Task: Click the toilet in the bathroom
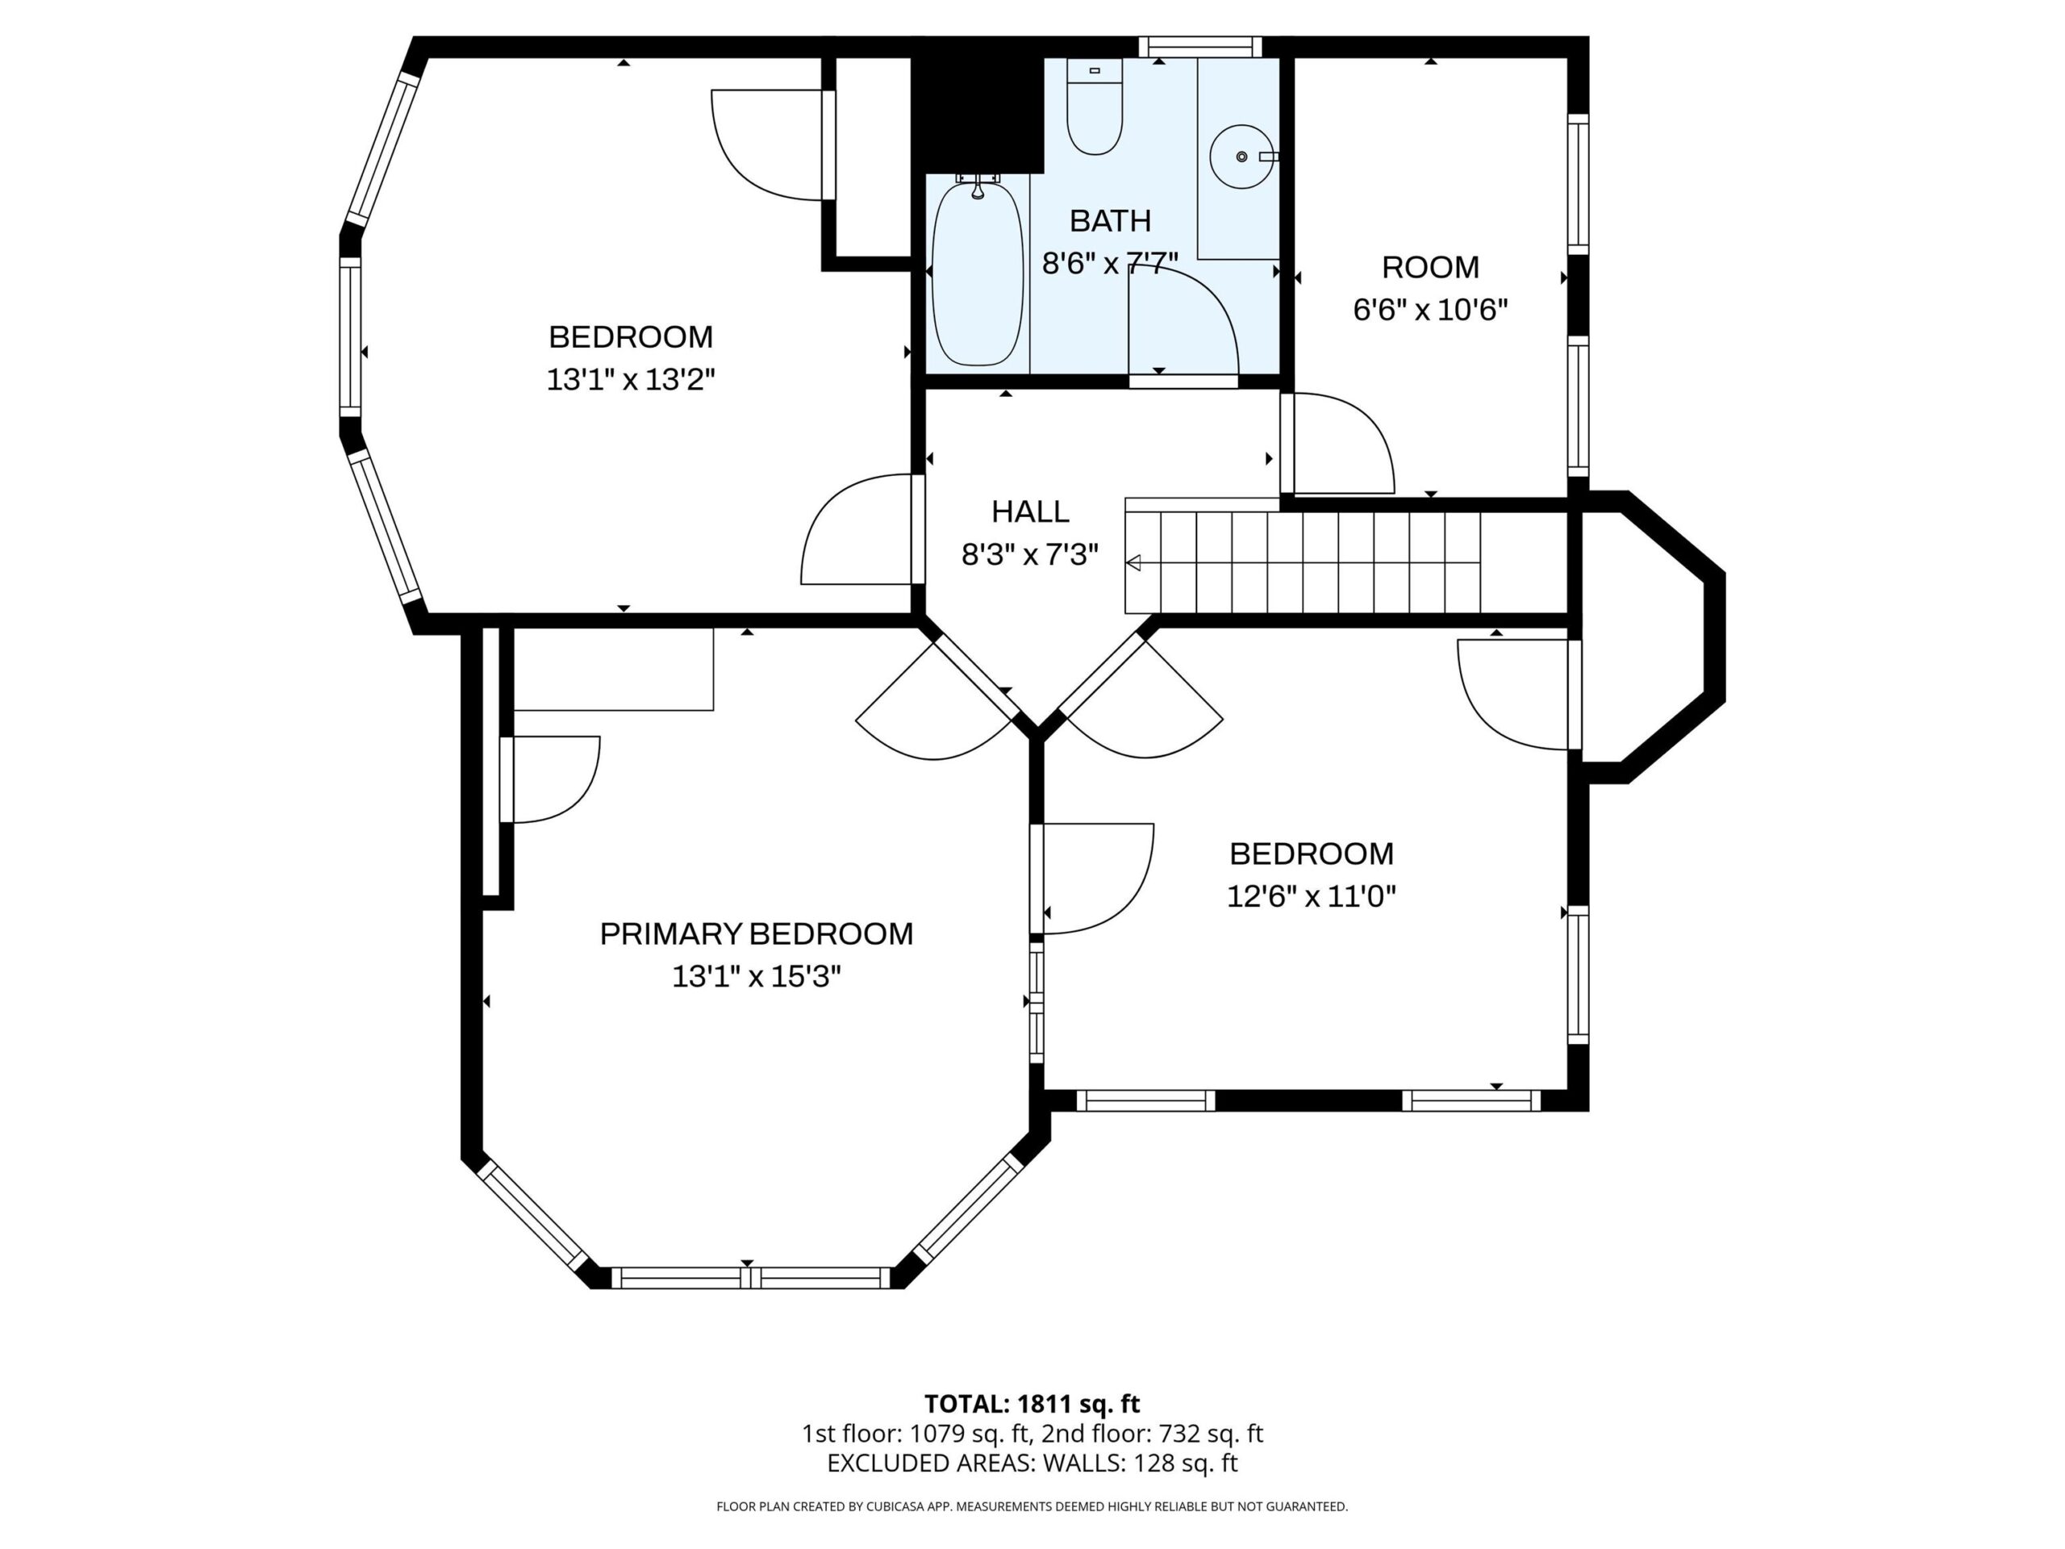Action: click(1094, 106)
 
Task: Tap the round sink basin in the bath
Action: click(1241, 156)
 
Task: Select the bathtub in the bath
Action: click(978, 273)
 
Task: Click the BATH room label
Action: click(1110, 220)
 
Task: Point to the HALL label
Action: click(1031, 511)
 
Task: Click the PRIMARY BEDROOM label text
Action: click(756, 933)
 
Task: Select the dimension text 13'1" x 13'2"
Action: click(631, 379)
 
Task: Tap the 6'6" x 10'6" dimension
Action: click(1430, 309)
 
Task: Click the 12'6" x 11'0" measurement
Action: click(1312, 896)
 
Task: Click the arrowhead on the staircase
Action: click(1133, 563)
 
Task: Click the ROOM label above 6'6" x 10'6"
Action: click(1430, 267)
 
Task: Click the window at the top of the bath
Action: click(1199, 47)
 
